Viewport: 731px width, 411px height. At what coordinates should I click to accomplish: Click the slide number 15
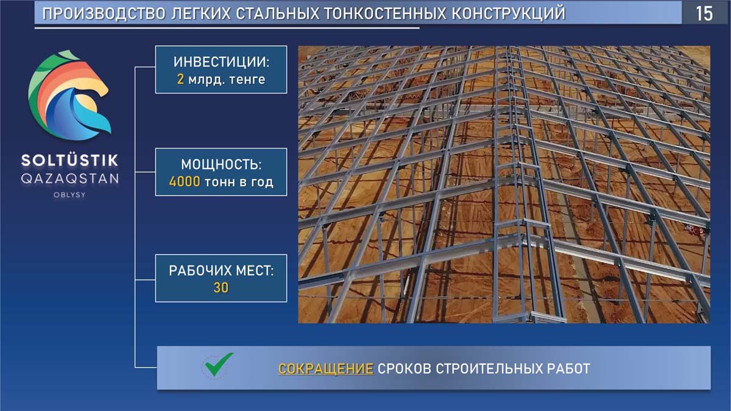[x=704, y=13]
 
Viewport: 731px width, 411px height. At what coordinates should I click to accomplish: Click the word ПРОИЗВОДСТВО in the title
[x=104, y=13]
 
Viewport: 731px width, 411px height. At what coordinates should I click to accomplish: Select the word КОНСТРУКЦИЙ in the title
[x=509, y=13]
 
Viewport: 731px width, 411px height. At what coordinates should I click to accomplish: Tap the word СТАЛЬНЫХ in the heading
[x=277, y=13]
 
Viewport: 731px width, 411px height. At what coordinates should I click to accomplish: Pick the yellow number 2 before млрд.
[x=180, y=79]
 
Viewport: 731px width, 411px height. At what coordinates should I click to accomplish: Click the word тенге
[x=247, y=80]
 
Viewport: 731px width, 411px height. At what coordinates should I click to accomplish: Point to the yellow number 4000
[x=185, y=181]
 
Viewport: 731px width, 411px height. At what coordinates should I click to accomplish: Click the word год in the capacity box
[x=262, y=182]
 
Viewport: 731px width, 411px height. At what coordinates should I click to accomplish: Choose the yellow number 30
[x=221, y=287]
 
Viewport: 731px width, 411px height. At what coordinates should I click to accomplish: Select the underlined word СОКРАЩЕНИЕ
[x=326, y=368]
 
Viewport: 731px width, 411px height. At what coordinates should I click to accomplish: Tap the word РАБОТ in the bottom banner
[x=568, y=368]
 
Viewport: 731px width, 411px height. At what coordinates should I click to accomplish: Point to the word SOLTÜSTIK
[x=69, y=160]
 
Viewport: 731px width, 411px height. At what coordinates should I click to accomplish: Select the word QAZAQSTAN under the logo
[x=69, y=179]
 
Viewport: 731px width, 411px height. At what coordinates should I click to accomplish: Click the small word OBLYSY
[x=69, y=195]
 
